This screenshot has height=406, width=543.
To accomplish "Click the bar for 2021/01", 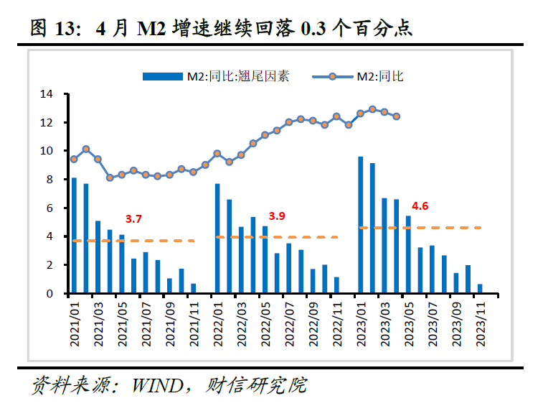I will pyautogui.click(x=74, y=236).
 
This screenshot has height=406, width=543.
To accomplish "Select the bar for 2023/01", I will pyautogui.click(x=360, y=225).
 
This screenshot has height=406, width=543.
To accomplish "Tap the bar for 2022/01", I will pyautogui.click(x=217, y=239).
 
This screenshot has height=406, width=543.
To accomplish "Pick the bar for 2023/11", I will pyautogui.click(x=480, y=289).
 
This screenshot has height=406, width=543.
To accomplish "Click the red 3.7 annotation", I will pyautogui.click(x=133, y=218).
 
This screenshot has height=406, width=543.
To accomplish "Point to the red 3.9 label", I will pyautogui.click(x=277, y=216).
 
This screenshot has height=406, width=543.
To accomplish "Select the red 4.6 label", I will pyautogui.click(x=420, y=206).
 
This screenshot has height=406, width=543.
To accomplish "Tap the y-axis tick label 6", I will pyautogui.click(x=50, y=208).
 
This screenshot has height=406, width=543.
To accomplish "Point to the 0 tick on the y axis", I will pyautogui.click(x=50, y=294).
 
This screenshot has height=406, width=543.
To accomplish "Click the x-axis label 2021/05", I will pyautogui.click(x=122, y=324).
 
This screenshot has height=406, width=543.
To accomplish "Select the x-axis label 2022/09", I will pyautogui.click(x=313, y=324).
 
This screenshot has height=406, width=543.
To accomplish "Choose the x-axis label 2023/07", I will pyautogui.click(x=433, y=324).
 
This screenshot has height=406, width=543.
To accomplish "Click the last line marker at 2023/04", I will pyautogui.click(x=397, y=116).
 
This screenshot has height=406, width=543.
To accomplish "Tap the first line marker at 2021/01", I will pyautogui.click(x=74, y=159).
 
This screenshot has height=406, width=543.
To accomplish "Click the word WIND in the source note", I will pyautogui.click(x=157, y=385).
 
